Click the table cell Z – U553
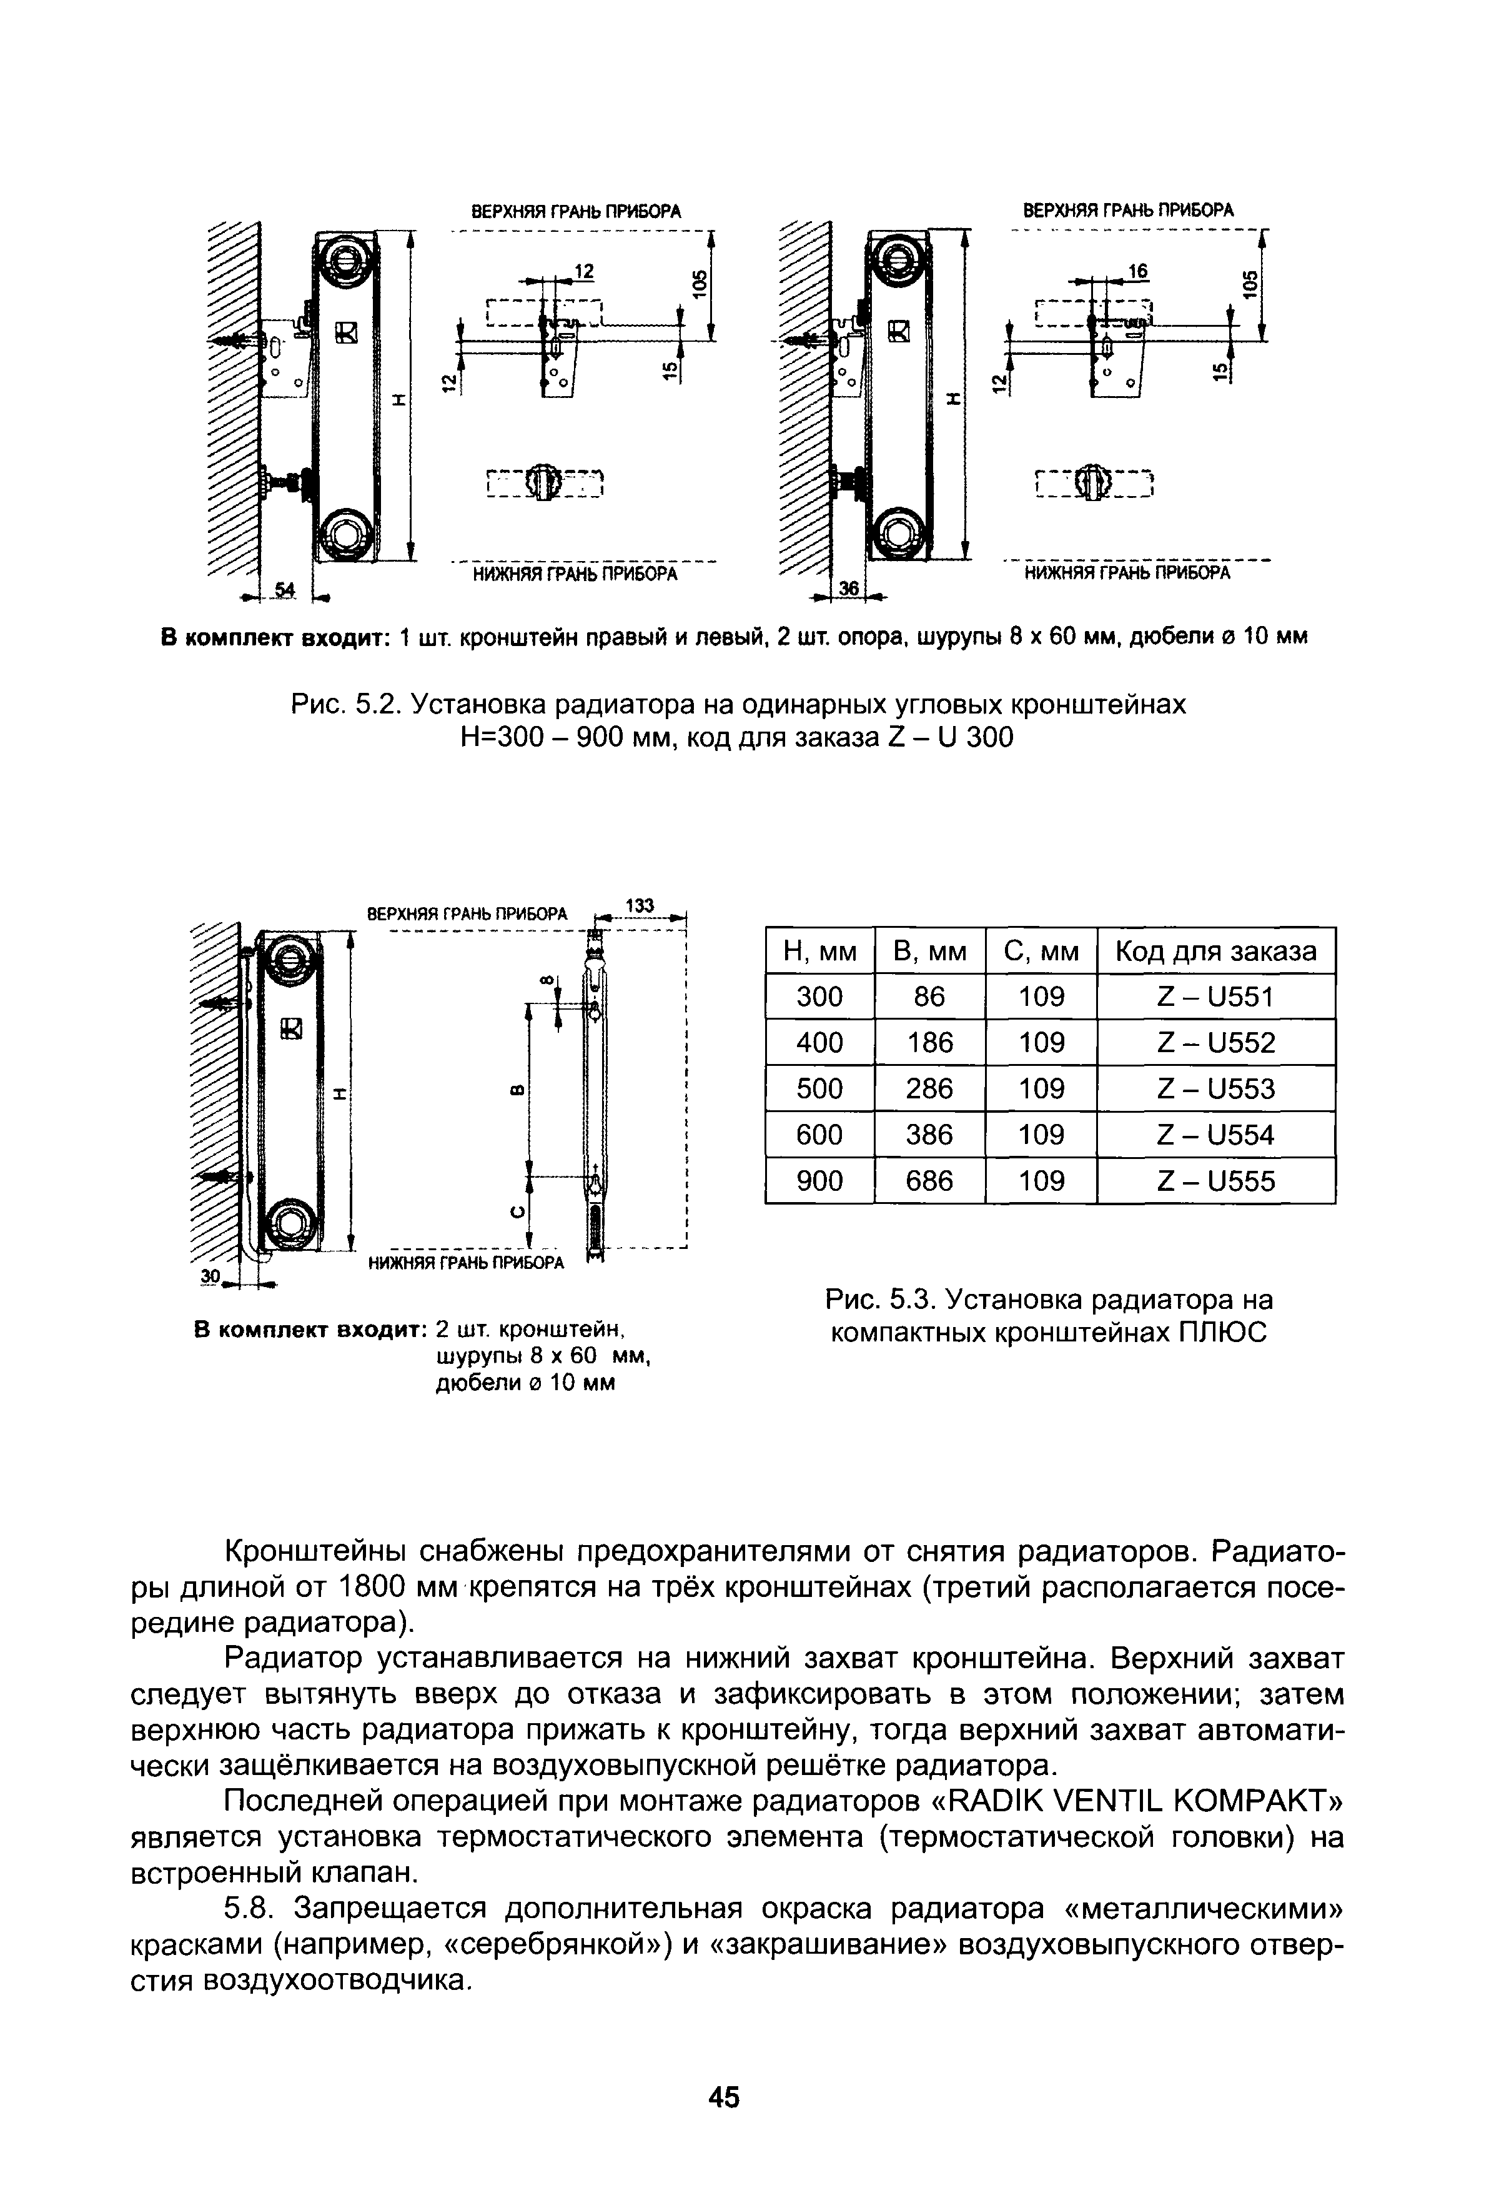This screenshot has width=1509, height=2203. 1216,1088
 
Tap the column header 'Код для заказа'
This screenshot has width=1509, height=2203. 1216,951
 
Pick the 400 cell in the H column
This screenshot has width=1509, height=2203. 819,1043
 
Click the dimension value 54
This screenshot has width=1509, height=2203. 284,590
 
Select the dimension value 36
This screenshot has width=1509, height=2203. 848,590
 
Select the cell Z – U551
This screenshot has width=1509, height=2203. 1216,997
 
